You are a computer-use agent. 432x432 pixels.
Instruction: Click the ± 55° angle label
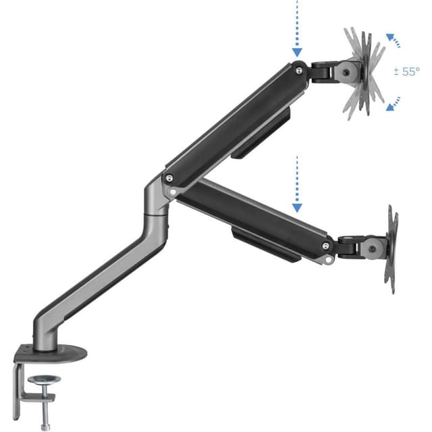point(406,72)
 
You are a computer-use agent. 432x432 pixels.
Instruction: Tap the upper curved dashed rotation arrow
point(394,40)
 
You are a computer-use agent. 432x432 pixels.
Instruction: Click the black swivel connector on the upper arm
point(323,69)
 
